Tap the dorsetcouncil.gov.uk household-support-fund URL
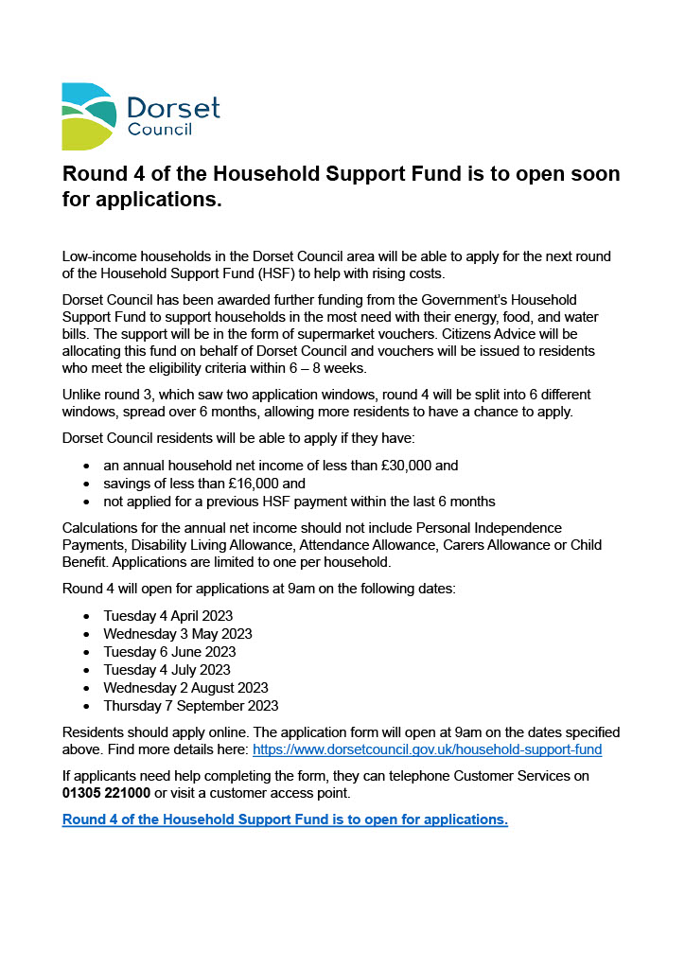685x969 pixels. pos(427,749)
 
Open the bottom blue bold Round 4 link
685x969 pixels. pos(285,819)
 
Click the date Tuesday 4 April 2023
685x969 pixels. pos(168,616)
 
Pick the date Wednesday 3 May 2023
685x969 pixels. pos(178,634)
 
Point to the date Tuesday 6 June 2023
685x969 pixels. pos(170,652)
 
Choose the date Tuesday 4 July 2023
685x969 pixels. pos(167,670)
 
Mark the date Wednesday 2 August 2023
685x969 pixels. pos(185,688)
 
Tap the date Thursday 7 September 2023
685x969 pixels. pos(191,706)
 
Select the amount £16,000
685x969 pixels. pos(256,484)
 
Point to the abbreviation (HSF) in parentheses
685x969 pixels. pos(272,274)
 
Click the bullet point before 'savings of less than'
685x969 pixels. pos(86,484)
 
